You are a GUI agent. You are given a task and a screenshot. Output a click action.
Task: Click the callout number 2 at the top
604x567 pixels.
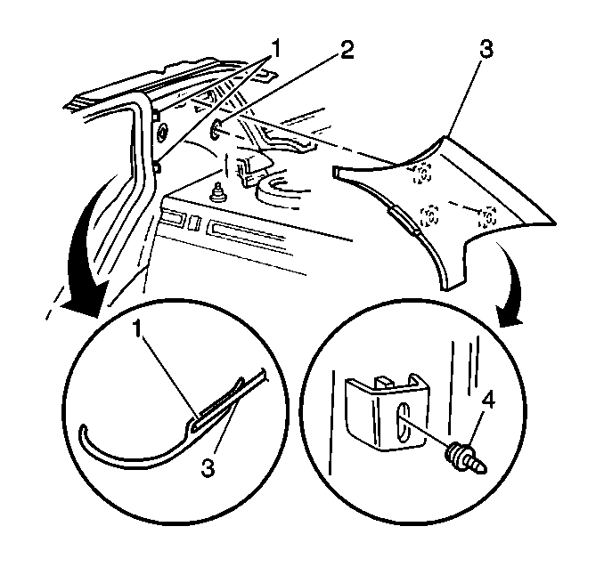pyautogui.click(x=346, y=51)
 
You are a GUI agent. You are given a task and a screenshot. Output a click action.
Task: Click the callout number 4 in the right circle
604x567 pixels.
pyautogui.click(x=487, y=401)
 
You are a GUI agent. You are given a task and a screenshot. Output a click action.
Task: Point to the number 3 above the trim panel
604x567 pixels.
pyautogui.click(x=486, y=49)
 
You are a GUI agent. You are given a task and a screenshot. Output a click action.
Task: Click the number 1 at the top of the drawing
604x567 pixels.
pyautogui.click(x=276, y=49)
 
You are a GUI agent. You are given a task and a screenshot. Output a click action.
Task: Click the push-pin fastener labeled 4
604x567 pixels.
pyautogui.click(x=465, y=458)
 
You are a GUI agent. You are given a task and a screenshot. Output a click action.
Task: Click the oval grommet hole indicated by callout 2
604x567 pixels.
pyautogui.click(x=216, y=129)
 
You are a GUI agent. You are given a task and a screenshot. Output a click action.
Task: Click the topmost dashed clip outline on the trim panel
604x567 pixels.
pyautogui.click(x=423, y=174)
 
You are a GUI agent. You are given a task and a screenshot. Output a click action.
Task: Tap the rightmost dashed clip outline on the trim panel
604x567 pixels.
pyautogui.click(x=487, y=217)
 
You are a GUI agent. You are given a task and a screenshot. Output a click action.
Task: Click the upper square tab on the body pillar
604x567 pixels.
pyautogui.click(x=156, y=114)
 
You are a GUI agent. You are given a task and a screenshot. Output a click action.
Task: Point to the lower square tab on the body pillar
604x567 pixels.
pyautogui.click(x=157, y=166)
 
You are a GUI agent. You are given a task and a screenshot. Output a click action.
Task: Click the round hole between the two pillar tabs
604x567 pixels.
pyautogui.click(x=163, y=133)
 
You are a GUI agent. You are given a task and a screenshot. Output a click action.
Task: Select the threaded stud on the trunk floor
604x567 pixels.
pyautogui.click(x=217, y=191)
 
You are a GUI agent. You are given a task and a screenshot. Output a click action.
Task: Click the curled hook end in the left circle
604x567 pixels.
pyautogui.click(x=84, y=433)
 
